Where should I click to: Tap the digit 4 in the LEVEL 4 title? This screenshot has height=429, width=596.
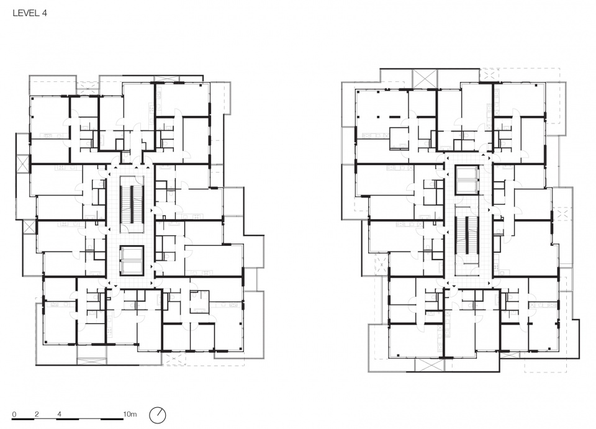45,13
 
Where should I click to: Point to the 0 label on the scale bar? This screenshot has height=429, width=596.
14,414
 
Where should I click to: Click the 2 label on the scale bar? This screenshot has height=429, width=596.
37,414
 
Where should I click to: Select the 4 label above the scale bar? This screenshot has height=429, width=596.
59,414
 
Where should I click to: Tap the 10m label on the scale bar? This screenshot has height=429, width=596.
130,414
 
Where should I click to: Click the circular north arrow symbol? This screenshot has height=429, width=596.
158,415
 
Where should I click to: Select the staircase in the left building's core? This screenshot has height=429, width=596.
132,204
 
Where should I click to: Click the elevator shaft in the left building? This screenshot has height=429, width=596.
132,260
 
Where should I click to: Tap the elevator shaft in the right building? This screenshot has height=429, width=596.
466,180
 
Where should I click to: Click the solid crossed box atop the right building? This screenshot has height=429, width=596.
425,79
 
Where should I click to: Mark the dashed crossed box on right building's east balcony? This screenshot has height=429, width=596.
562,214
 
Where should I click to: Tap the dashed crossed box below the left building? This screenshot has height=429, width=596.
174,359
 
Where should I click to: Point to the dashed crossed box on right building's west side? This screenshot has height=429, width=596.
381,263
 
